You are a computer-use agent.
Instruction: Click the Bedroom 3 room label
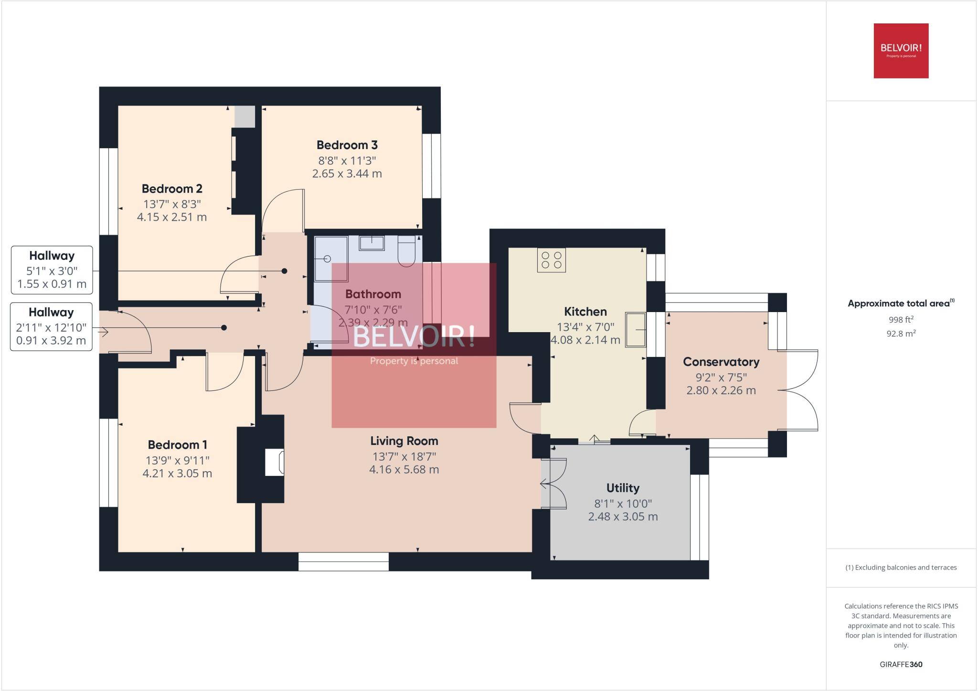347,145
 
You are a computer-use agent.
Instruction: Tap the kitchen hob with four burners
552,260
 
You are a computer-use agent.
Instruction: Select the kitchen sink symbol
636,330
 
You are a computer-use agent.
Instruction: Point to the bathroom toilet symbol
406,250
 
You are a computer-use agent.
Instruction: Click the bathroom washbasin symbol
372,243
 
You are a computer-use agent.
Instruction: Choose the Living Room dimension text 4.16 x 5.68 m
404,470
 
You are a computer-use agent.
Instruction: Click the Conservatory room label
721,362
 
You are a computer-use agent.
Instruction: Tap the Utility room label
623,488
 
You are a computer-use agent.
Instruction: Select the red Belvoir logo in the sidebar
901,51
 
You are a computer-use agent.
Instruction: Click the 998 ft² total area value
901,320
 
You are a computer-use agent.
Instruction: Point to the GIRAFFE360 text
901,664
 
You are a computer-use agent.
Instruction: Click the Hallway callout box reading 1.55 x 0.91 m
52,270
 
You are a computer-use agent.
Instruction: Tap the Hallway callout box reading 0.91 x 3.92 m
51,326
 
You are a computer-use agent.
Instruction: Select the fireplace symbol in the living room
275,462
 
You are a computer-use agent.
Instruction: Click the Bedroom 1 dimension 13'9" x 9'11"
178,460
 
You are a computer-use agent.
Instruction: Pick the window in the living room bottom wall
343,561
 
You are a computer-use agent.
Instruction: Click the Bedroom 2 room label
172,189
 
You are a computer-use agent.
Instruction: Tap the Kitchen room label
585,312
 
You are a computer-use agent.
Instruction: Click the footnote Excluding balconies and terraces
901,568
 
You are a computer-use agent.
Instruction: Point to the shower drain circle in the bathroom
328,259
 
